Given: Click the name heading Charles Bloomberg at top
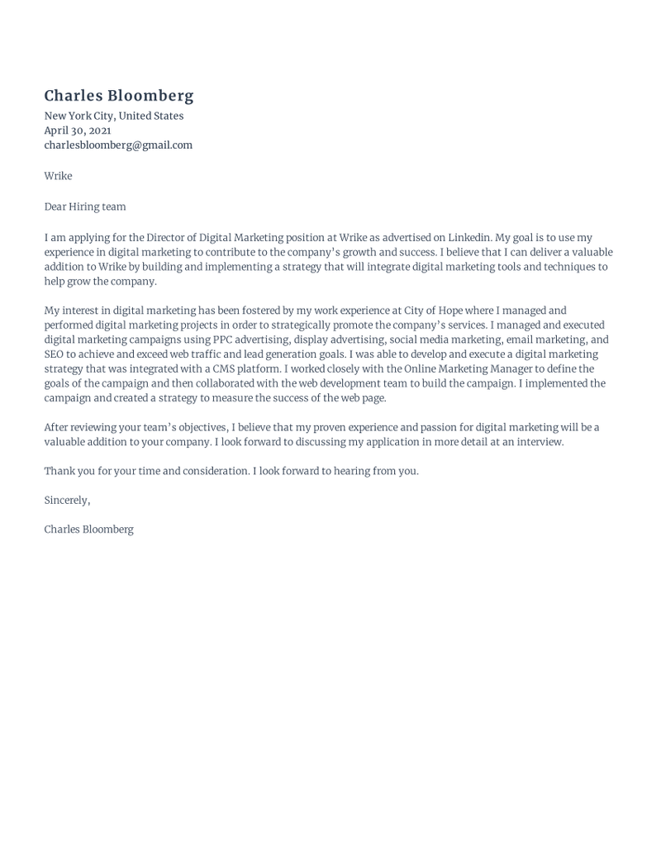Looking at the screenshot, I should [119, 96].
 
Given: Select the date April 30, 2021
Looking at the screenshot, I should [78, 131].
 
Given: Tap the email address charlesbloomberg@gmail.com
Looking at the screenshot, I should [118, 145].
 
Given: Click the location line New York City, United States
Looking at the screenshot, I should [114, 116].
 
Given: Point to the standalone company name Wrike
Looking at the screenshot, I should [58, 176].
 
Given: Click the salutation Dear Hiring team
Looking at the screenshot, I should [85, 207].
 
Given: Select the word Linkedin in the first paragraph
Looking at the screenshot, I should [469, 238].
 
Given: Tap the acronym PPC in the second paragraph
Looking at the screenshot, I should [224, 340].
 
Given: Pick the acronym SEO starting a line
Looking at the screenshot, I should [54, 354].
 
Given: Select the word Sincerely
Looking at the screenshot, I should [67, 501].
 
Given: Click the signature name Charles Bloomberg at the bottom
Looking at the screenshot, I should [88, 530].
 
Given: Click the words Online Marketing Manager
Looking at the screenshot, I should [468, 369].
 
